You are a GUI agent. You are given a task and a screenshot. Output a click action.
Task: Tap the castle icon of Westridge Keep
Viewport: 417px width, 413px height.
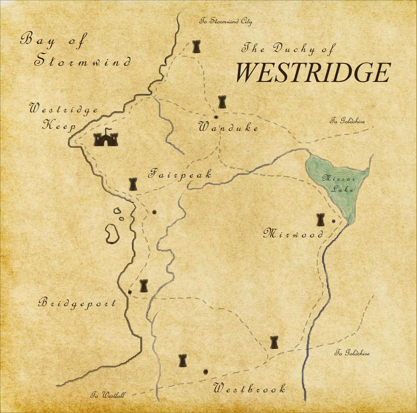[106, 138]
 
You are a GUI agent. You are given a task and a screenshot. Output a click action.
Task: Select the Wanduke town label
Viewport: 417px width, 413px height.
[228, 128]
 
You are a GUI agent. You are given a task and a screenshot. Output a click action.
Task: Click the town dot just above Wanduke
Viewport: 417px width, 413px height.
[216, 117]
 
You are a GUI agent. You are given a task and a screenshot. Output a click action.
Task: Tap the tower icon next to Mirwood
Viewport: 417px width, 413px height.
[320, 220]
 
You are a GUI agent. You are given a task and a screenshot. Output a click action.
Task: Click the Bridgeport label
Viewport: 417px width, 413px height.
[77, 303]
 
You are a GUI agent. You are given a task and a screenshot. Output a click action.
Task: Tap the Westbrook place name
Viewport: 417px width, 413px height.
[250, 388]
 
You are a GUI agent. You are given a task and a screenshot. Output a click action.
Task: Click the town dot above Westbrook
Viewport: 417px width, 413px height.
[205, 372]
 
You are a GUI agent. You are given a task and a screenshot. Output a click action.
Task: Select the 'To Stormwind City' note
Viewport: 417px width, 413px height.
[226, 22]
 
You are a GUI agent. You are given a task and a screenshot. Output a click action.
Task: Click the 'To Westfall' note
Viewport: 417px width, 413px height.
[108, 395]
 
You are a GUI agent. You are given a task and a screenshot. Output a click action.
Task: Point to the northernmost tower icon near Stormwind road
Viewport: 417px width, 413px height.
[196, 46]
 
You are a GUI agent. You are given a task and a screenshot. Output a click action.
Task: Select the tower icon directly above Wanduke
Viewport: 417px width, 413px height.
[222, 102]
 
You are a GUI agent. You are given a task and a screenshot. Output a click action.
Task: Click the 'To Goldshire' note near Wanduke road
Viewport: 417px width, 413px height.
[347, 121]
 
